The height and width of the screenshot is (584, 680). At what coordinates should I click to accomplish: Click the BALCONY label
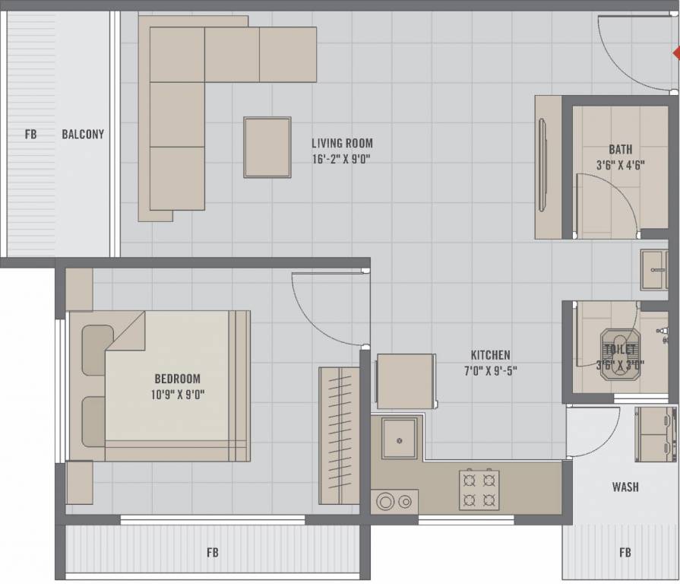(83, 135)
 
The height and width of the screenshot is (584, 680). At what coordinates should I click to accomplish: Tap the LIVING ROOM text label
(342, 143)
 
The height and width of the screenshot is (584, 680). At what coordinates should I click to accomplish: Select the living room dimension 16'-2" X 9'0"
(340, 159)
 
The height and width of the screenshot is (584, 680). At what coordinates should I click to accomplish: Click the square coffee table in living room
(267, 147)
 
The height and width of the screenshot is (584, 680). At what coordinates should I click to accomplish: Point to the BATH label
(619, 149)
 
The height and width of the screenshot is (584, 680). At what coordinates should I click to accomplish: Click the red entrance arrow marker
(675, 53)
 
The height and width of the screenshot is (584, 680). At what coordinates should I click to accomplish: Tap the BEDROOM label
(177, 379)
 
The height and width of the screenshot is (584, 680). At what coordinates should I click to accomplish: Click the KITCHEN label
(490, 355)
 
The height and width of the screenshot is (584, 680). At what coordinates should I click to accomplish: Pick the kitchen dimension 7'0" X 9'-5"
(490, 371)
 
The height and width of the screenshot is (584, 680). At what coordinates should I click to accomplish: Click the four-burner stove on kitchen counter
(479, 490)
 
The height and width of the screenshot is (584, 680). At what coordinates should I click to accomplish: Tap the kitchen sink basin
(399, 438)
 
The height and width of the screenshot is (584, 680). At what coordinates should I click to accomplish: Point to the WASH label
(625, 487)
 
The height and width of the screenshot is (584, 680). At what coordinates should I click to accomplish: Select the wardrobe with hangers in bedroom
(339, 435)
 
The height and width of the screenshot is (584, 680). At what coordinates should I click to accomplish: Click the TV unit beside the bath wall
(547, 167)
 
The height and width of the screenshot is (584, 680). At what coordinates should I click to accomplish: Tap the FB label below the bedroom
(213, 552)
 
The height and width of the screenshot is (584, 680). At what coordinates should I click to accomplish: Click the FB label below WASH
(625, 553)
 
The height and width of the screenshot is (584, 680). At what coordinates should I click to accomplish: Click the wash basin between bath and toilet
(653, 270)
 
